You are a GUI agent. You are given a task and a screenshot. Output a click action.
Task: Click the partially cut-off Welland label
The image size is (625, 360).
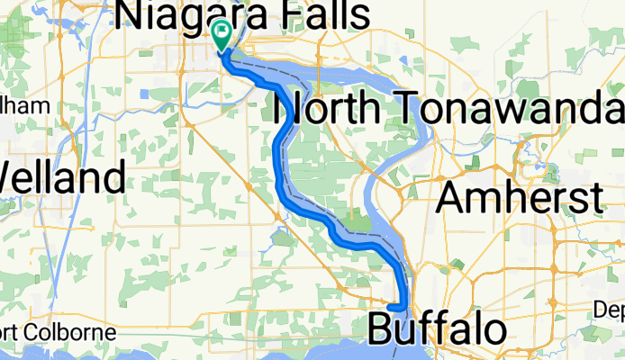pos(61,175)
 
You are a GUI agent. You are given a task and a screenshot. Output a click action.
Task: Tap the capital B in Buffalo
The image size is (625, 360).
pos(382,328)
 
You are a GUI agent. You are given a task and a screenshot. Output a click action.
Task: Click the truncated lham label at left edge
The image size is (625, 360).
pos(24,105)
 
